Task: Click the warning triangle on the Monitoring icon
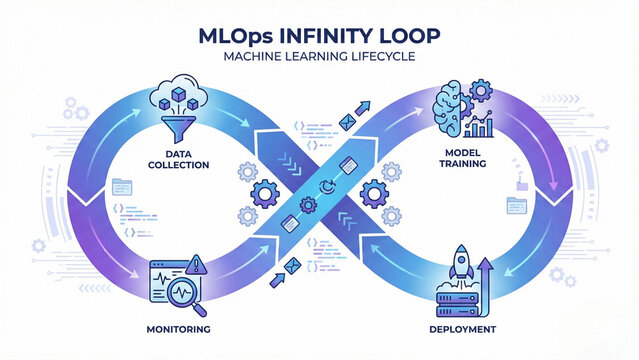196,265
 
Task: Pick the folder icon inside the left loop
123,185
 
